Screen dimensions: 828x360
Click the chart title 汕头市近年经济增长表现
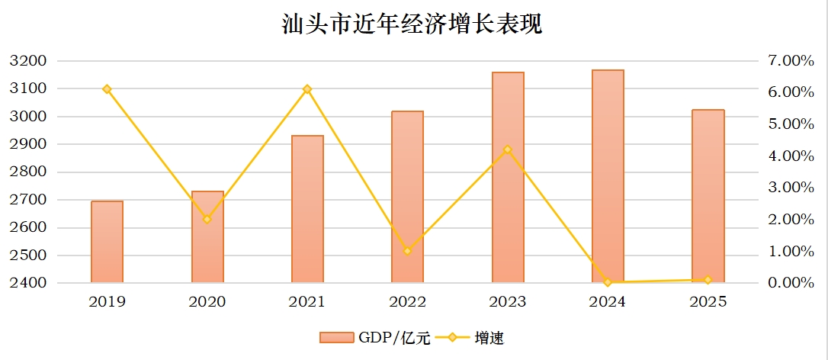pos(412,25)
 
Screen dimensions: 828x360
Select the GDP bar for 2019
pos(108,242)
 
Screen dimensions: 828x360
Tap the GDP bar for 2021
pos(307,209)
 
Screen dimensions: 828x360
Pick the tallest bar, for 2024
pos(608,176)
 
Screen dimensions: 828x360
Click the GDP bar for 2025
pos(708,196)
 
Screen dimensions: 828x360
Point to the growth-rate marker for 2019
pos(108,89)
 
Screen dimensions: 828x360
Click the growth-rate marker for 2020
pos(207,220)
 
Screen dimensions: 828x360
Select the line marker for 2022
pos(407,251)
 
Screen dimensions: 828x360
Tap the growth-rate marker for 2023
pos(508,149)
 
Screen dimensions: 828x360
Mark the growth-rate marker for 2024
pos(608,282)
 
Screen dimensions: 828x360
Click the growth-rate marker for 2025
pos(708,280)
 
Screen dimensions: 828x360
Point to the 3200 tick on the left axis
pos(28,61)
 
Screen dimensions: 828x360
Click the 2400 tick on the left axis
pos(28,283)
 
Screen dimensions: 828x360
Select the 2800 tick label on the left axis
pos(28,172)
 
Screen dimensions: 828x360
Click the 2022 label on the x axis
pos(407,302)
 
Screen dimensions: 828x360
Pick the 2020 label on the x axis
pos(207,302)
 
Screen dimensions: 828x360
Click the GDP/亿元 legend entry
pos(375,338)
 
